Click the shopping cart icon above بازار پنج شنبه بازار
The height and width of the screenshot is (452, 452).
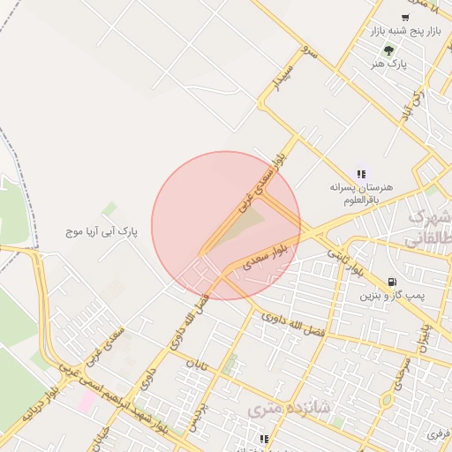[405, 18]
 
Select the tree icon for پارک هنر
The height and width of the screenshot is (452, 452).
[388, 50]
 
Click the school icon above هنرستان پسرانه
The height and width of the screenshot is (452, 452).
[360, 173]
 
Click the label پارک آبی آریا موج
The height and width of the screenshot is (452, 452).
[102, 232]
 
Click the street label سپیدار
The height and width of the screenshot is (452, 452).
[280, 77]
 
